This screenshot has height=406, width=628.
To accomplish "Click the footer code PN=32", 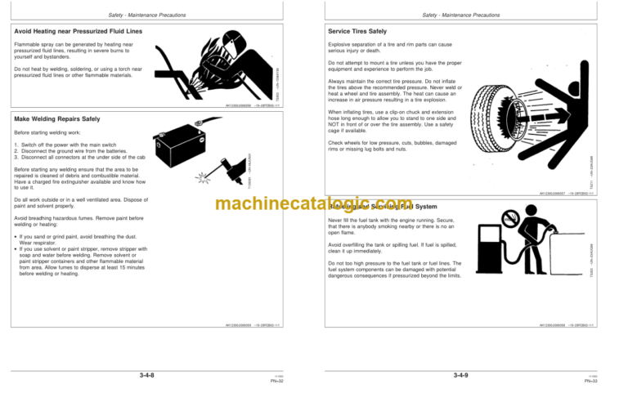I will point(279,381).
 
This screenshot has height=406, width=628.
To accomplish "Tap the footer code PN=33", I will point(593,381).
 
